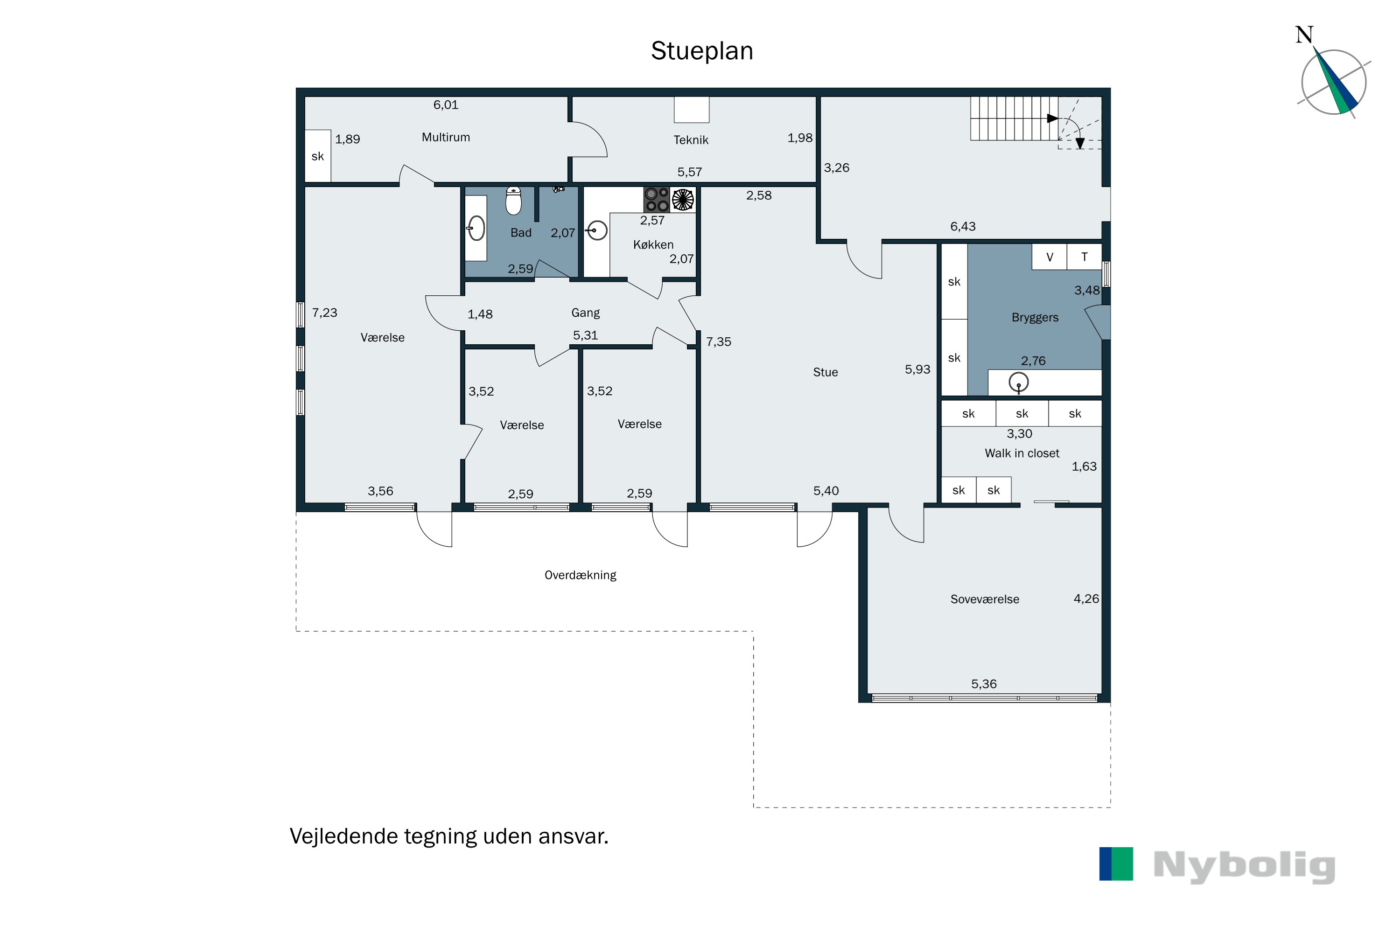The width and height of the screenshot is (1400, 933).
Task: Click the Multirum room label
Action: tap(446, 138)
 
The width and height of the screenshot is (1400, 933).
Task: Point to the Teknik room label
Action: tap(691, 140)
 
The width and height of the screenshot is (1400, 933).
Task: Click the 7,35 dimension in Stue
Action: tap(719, 342)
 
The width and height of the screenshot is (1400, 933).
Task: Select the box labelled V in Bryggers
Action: tap(1050, 257)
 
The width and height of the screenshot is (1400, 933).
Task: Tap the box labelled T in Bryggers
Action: tap(1084, 257)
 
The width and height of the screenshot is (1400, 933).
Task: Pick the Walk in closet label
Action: tap(1022, 453)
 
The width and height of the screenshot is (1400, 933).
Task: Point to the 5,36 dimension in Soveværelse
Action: tap(983, 684)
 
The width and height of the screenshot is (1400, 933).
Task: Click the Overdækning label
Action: tap(581, 575)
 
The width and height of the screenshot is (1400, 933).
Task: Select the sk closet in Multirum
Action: tap(318, 156)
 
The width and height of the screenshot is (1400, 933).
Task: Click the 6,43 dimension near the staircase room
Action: tap(962, 227)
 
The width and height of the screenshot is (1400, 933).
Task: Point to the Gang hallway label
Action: tap(585, 313)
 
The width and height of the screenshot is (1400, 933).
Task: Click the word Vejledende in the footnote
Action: tap(343, 836)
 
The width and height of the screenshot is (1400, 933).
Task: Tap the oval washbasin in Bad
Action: tap(476, 228)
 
